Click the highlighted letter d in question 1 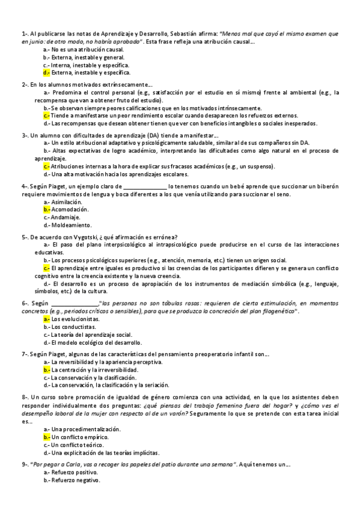(46, 72)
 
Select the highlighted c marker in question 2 (46, 115)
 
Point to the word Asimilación (70, 203)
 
